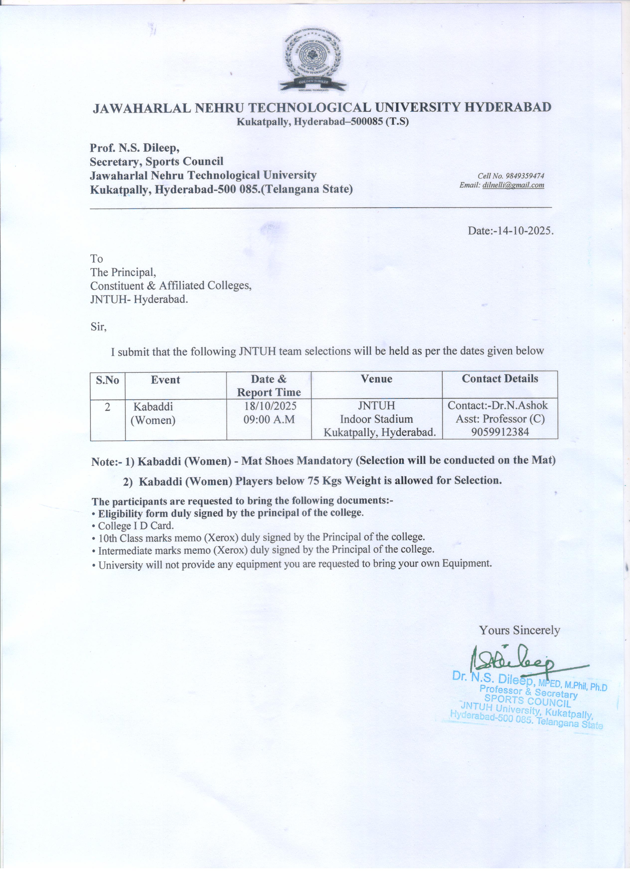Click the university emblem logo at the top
pos(313,61)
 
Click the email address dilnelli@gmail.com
pos(513,185)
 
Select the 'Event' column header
pos(165,380)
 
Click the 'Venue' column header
pos(377,379)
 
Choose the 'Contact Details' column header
pos(500,378)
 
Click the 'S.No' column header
pos(107,380)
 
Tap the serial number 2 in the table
pos(107,407)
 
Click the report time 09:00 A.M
pos(269,419)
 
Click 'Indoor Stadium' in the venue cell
pos(377,419)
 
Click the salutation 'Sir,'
pos(98,327)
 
